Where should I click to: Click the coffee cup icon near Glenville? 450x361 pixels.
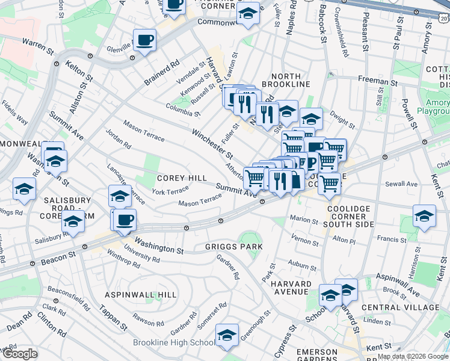pos(144,41)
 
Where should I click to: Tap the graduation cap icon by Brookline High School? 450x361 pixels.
pos(227,336)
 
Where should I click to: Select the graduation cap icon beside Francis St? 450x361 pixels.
pos(424,217)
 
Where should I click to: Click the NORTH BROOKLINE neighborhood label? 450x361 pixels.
pos(290,80)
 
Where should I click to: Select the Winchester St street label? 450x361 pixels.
pos(212,142)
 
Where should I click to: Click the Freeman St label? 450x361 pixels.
pos(378,79)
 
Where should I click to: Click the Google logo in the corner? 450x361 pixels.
pos(19,354)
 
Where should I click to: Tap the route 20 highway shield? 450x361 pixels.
pos(443,19)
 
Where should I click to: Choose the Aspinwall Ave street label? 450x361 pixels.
pos(398,283)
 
